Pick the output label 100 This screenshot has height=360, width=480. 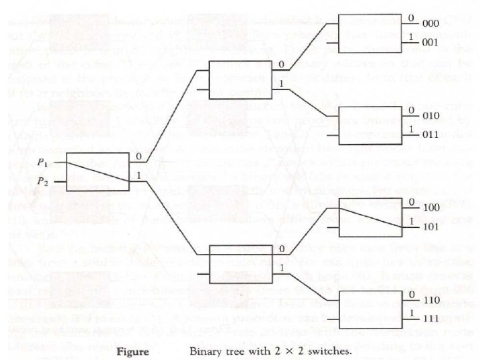point(430,208)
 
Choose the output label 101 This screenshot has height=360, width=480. point(430,227)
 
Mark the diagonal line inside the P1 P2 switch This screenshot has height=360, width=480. point(100,172)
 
